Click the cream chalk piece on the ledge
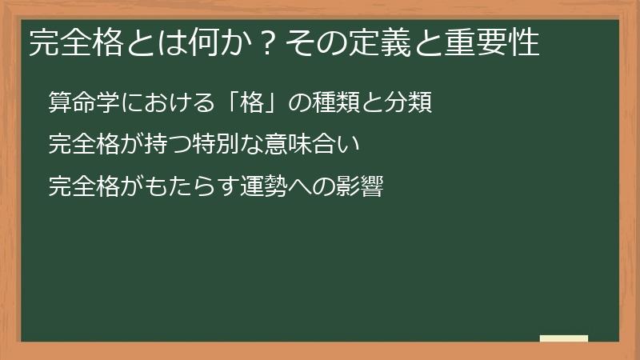pos(563,338)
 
